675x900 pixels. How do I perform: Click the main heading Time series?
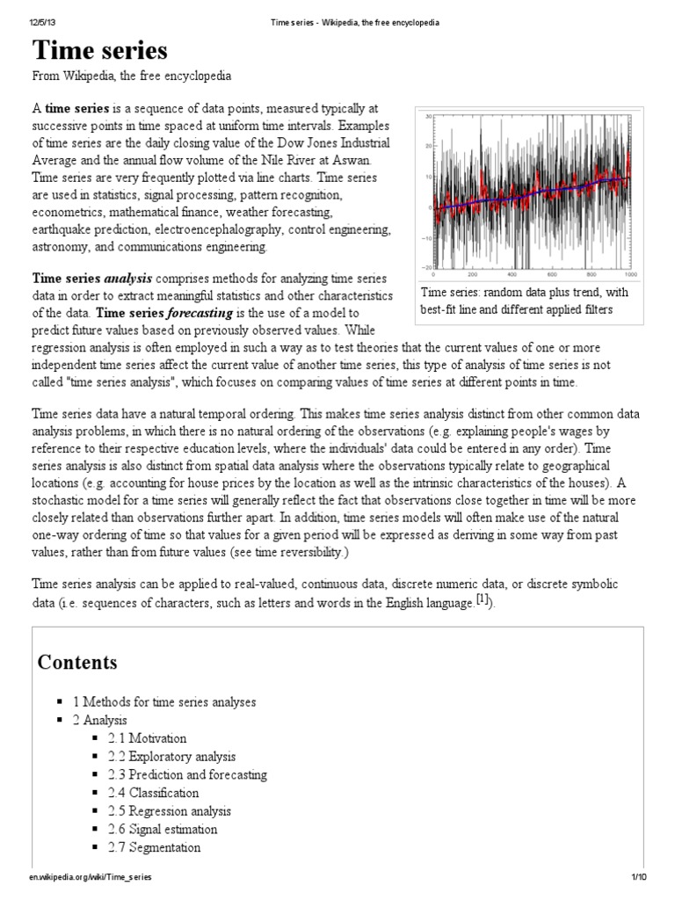coord(99,50)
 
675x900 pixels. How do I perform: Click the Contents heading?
coord(77,662)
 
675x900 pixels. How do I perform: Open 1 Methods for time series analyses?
coord(164,701)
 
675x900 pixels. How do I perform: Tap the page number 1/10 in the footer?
coord(638,877)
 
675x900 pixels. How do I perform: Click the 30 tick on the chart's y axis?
coord(427,117)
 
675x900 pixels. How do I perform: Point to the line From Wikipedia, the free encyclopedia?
coord(132,76)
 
